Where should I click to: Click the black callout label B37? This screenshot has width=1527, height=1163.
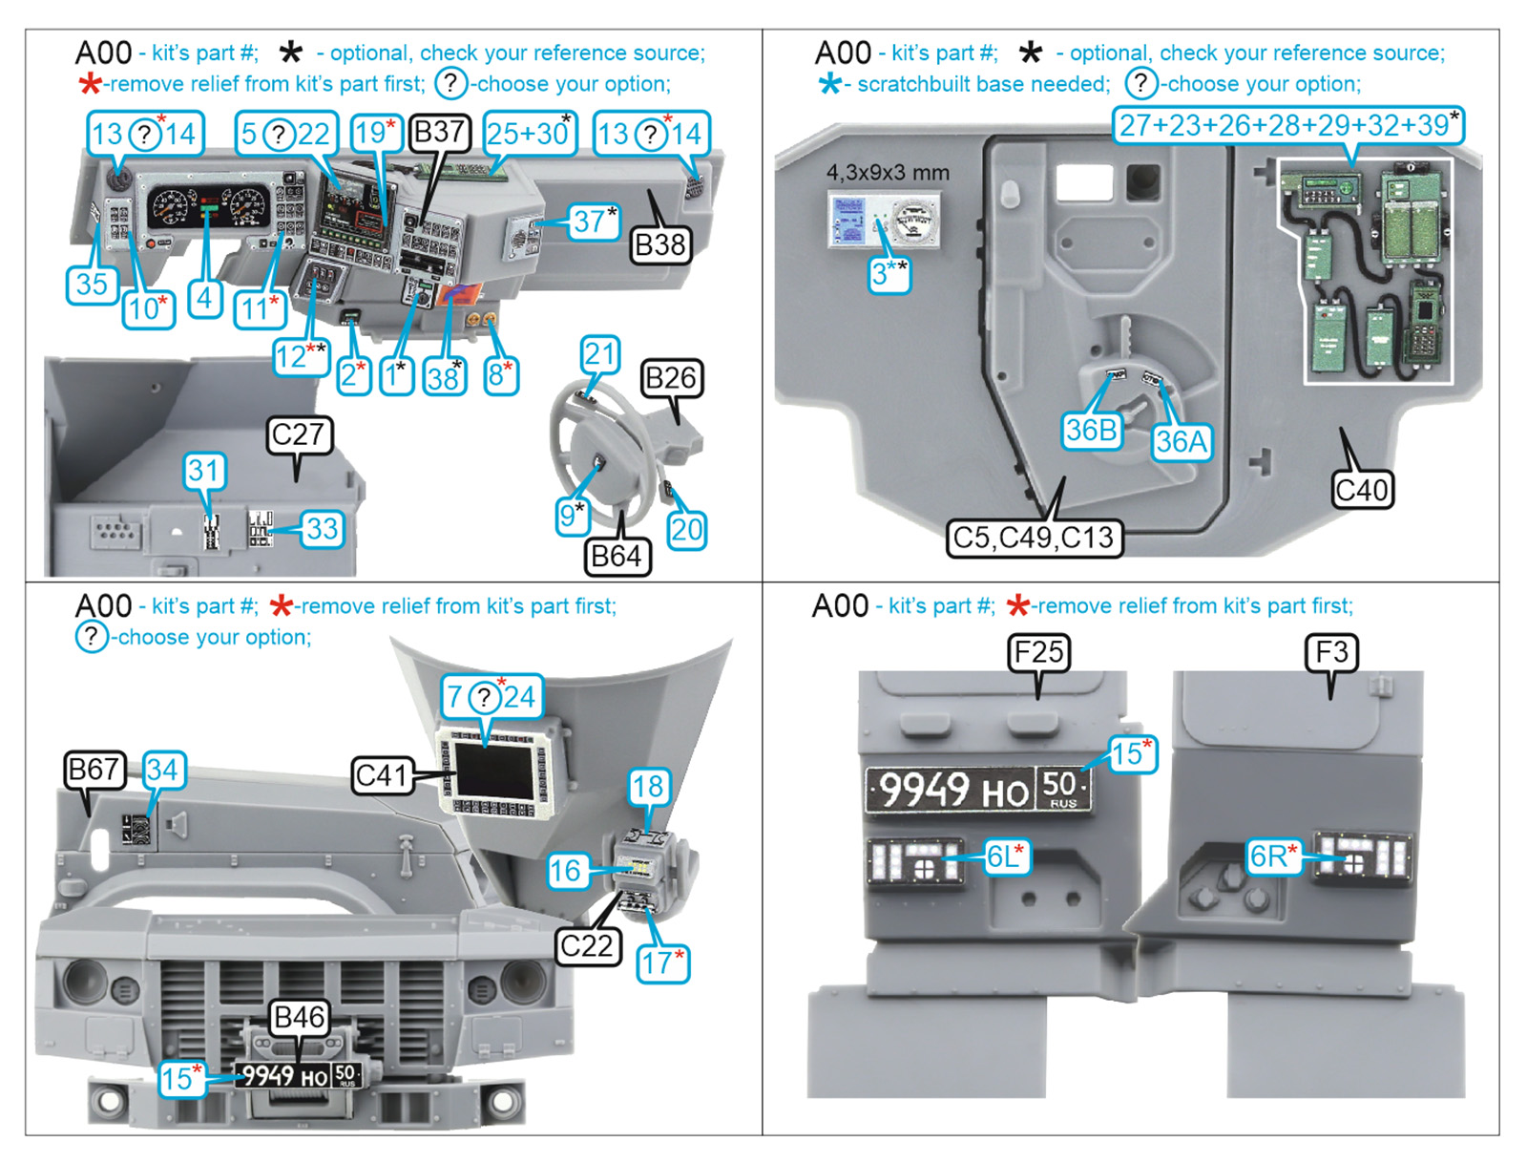[438, 132]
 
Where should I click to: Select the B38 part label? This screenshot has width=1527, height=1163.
[659, 245]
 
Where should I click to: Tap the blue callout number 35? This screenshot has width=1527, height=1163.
[92, 284]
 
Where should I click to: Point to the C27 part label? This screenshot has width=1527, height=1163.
[299, 434]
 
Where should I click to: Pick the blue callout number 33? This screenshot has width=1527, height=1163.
[322, 528]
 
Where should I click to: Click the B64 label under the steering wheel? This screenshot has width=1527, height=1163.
[617, 556]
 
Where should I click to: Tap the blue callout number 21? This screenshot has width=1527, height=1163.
[599, 354]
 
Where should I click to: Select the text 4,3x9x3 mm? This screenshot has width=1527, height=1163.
[888, 173]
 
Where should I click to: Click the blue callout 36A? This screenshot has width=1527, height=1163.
[1182, 441]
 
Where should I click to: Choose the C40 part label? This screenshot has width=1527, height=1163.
[1362, 490]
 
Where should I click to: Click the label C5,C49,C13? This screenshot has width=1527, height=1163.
[1034, 538]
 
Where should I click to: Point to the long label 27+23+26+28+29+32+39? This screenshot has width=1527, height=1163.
[1287, 125]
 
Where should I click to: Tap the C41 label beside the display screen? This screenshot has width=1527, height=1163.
[381, 774]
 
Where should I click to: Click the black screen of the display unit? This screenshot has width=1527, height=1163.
[493, 771]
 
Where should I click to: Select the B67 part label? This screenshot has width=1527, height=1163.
[94, 770]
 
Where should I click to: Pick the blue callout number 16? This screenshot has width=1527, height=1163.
[565, 870]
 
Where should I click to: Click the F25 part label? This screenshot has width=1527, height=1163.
[1038, 652]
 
